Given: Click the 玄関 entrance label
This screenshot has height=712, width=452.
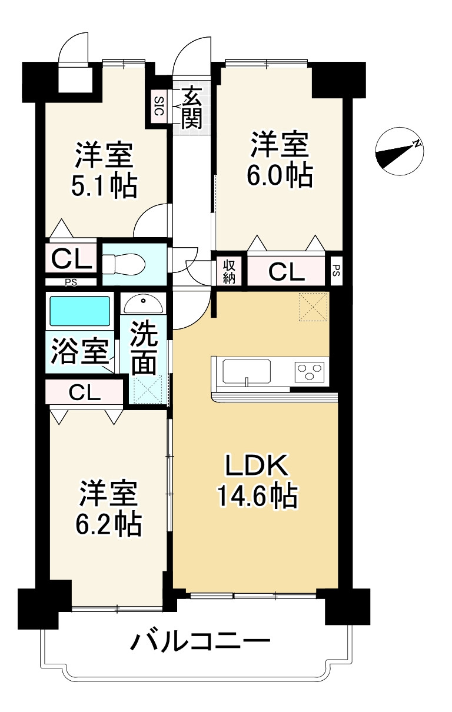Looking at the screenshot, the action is click(192, 108).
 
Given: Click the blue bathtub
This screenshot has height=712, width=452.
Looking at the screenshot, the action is click(80, 311).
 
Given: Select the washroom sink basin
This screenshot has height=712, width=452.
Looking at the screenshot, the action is click(144, 304).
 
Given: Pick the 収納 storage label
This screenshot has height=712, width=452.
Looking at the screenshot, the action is click(228, 271).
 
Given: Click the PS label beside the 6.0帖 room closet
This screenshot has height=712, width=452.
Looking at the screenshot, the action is click(336, 271).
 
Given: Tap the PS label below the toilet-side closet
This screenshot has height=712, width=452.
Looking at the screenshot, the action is click(71, 282).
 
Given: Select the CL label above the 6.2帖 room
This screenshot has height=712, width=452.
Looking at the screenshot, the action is click(85, 392).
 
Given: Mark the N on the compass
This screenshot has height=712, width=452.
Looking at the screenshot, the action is click(417, 144).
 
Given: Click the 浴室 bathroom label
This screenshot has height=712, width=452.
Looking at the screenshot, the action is click(80, 351).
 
